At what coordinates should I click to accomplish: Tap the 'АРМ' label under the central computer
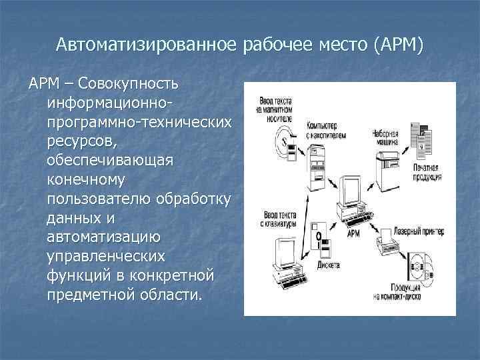point(353,235)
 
